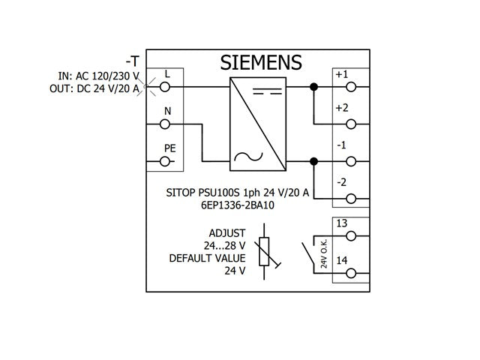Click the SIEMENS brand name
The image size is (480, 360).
pyautogui.click(x=261, y=62)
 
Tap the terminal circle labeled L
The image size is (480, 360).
pyautogui.click(x=165, y=87)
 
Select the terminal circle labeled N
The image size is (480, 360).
pyautogui.click(x=165, y=124)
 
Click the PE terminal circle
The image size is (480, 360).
pyautogui.click(x=165, y=161)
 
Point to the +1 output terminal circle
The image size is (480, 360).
pyautogui.click(x=351, y=87)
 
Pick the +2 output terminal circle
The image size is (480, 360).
pyautogui.click(x=351, y=124)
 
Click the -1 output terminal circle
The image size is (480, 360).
pyautogui.click(x=351, y=161)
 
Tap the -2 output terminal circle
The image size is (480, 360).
pyautogui.click(x=351, y=199)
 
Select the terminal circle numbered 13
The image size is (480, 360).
pyautogui.click(x=351, y=236)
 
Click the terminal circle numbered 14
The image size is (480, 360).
pyautogui.click(x=351, y=273)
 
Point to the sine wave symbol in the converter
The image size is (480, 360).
pyautogui.click(x=248, y=157)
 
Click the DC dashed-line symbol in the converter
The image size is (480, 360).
pyautogui.click(x=267, y=91)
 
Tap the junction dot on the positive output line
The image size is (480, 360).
pyautogui.click(x=313, y=87)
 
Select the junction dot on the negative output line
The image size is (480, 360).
pyautogui.click(x=313, y=161)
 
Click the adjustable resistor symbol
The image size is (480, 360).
pyautogui.click(x=264, y=252)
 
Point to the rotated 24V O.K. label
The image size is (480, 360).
pyautogui.click(x=324, y=253)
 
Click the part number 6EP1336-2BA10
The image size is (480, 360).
pyautogui.click(x=238, y=205)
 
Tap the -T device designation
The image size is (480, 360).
pyautogui.click(x=133, y=61)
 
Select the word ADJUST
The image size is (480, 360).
pyautogui.click(x=227, y=233)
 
